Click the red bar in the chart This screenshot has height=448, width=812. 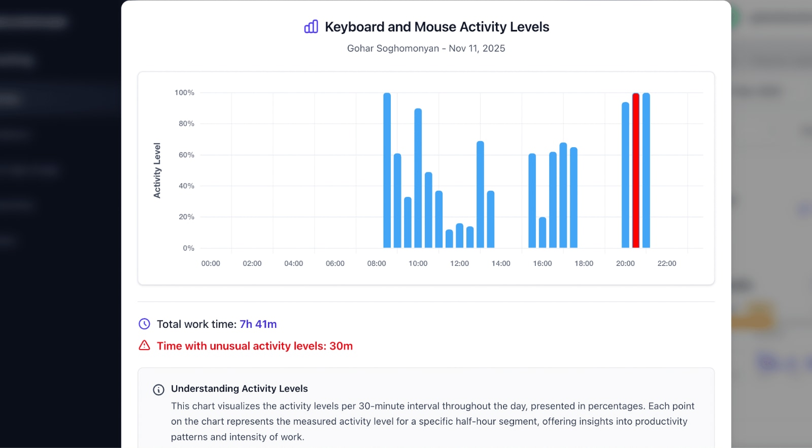tap(635, 170)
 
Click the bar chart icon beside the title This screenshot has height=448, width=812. tap(311, 26)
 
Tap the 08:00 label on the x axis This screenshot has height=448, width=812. tap(377, 263)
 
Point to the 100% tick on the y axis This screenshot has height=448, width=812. tap(184, 92)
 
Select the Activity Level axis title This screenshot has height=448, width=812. tap(157, 170)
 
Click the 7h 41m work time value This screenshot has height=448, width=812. tap(258, 324)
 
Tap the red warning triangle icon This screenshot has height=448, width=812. tap(145, 346)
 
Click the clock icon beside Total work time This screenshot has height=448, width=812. tap(145, 324)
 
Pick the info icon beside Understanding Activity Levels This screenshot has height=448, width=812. tap(159, 390)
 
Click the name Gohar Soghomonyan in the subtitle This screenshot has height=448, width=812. tap(393, 48)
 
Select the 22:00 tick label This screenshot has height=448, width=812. tap(667, 263)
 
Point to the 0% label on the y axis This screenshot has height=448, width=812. tap(188, 248)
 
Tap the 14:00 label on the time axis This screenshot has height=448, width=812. tap(501, 263)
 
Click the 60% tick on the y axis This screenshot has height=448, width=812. tap(186, 155)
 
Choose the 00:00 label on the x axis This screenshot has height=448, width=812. tap(211, 263)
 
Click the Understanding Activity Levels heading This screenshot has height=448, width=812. tap(240, 389)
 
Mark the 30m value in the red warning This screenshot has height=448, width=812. tap(341, 346)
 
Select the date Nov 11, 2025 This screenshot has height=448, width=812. tap(477, 48)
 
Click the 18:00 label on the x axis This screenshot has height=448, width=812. tap(584, 263)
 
